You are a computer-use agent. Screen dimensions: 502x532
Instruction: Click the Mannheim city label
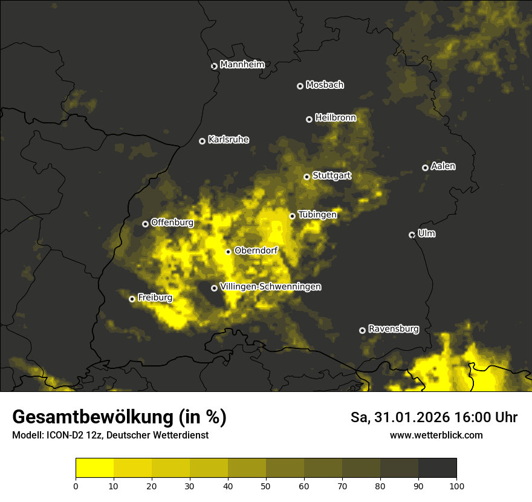pyautogui.click(x=242, y=65)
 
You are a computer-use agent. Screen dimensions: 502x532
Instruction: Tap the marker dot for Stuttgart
pyautogui.click(x=307, y=177)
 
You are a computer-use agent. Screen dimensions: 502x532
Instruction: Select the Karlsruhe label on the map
pyautogui.click(x=228, y=140)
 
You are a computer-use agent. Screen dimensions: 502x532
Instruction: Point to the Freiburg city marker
pyautogui.click(x=132, y=299)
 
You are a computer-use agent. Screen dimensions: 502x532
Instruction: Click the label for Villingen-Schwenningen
pyautogui.click(x=270, y=287)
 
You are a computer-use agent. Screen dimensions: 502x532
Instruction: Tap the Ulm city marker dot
pyautogui.click(x=412, y=235)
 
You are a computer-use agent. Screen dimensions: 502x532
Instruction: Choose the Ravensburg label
pyautogui.click(x=393, y=329)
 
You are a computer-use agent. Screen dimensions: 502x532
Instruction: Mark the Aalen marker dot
pyautogui.click(x=425, y=168)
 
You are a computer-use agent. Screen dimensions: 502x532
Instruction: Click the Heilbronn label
pyautogui.click(x=336, y=118)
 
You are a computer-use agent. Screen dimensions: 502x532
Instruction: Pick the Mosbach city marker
pyautogui.click(x=300, y=86)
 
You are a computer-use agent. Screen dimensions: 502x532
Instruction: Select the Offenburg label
pyautogui.click(x=172, y=223)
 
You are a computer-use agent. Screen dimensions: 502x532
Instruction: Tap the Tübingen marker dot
pyautogui.click(x=292, y=216)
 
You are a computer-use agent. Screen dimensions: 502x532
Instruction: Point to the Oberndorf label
pyautogui.click(x=256, y=250)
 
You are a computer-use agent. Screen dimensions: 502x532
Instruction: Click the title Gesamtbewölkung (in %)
pyautogui.click(x=119, y=417)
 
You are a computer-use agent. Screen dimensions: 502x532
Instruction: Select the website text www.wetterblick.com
pyautogui.click(x=436, y=435)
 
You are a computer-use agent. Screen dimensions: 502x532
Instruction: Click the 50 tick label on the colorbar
pyautogui.click(x=266, y=485)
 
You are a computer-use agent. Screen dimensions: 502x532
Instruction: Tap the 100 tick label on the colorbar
pyautogui.click(x=456, y=485)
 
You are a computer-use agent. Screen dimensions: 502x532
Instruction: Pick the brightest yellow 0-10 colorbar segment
pyautogui.click(x=94, y=468)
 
